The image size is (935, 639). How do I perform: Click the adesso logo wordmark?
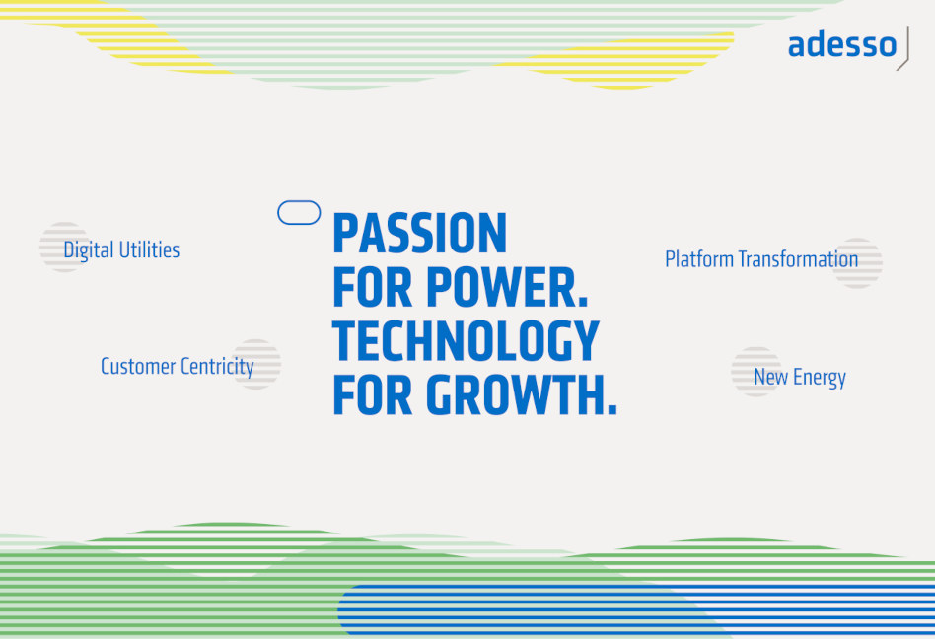pyautogui.click(x=842, y=45)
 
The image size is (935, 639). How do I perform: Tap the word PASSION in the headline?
pyautogui.click(x=420, y=233)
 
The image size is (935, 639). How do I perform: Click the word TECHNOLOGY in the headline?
pyautogui.click(x=466, y=341)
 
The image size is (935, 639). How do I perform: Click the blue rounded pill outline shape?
pyautogui.click(x=299, y=201)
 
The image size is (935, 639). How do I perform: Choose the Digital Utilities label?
pyautogui.click(x=121, y=250)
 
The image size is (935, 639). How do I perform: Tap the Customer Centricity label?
pyautogui.click(x=178, y=367)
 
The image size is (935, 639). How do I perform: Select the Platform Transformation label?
pyautogui.click(x=761, y=259)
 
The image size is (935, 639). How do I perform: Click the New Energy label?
pyautogui.click(x=800, y=378)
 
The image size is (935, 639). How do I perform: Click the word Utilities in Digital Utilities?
pyautogui.click(x=149, y=250)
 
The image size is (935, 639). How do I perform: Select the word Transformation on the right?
pyautogui.click(x=798, y=259)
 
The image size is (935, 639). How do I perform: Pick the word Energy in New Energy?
pyautogui.click(x=820, y=378)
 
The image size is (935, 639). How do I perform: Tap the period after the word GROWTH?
pyautogui.click(x=611, y=409)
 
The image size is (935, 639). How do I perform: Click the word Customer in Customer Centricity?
pyautogui.click(x=138, y=367)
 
